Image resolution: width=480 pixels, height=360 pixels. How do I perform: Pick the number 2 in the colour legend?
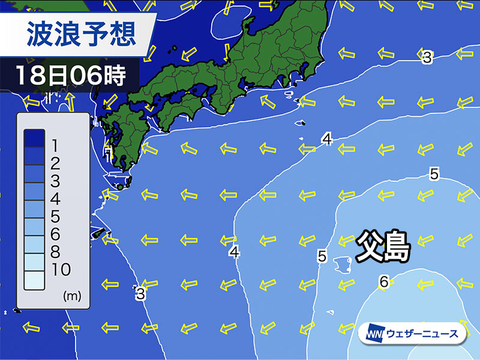pyautogui.click(x=55, y=163)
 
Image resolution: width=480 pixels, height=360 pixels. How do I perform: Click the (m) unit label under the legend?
pyautogui.click(x=71, y=296)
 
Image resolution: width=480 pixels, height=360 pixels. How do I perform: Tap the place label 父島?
pyautogui.click(x=383, y=245)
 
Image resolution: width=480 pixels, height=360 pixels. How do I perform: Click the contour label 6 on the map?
pyautogui.click(x=384, y=281)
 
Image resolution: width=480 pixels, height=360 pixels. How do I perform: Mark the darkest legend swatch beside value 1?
pyautogui.click(x=34, y=139)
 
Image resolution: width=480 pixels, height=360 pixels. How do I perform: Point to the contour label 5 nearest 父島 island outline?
pyautogui.click(x=322, y=256)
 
